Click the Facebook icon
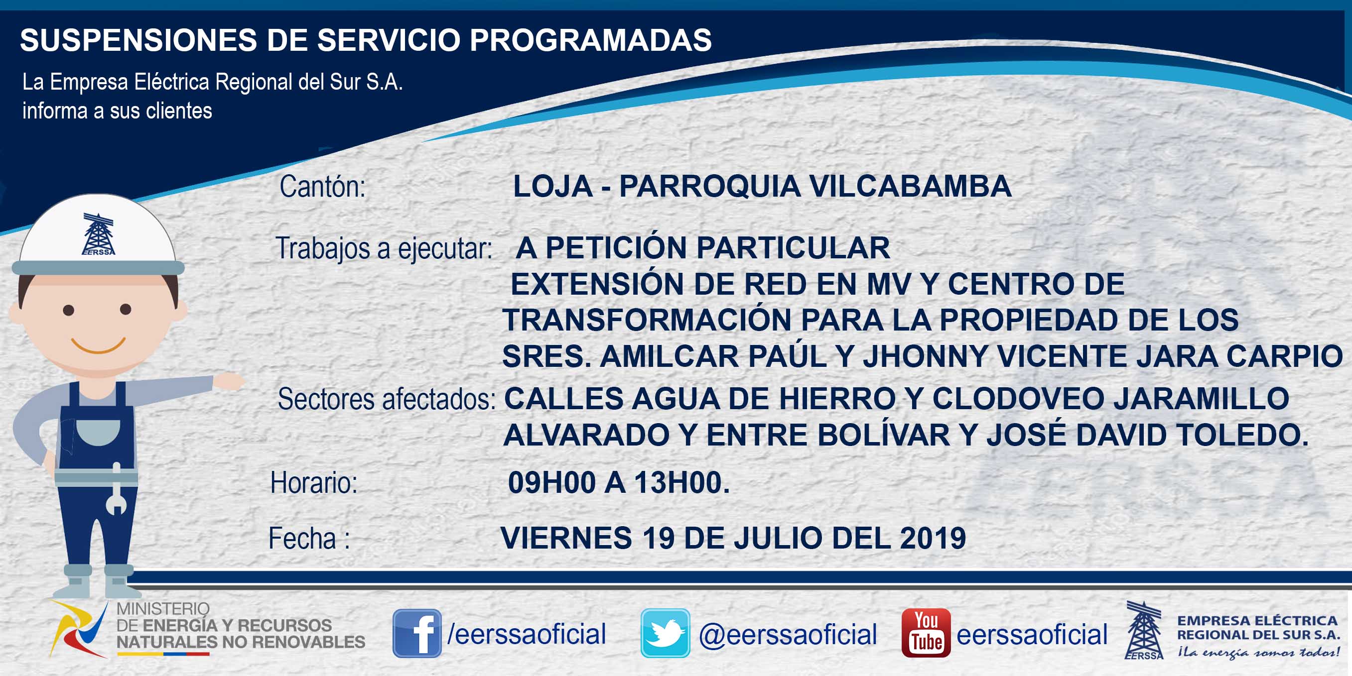417,633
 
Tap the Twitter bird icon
665,633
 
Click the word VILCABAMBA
910,186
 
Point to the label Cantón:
322,186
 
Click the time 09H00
551,482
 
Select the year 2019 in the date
933,538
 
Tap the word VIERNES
566,538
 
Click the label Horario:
314,482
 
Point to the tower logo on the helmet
99,234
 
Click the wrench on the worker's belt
117,488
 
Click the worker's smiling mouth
98,345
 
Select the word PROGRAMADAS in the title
590,40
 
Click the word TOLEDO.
1242,435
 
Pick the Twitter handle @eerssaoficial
788,634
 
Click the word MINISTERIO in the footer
163,609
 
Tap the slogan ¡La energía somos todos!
1258,653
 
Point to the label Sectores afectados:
386,399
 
